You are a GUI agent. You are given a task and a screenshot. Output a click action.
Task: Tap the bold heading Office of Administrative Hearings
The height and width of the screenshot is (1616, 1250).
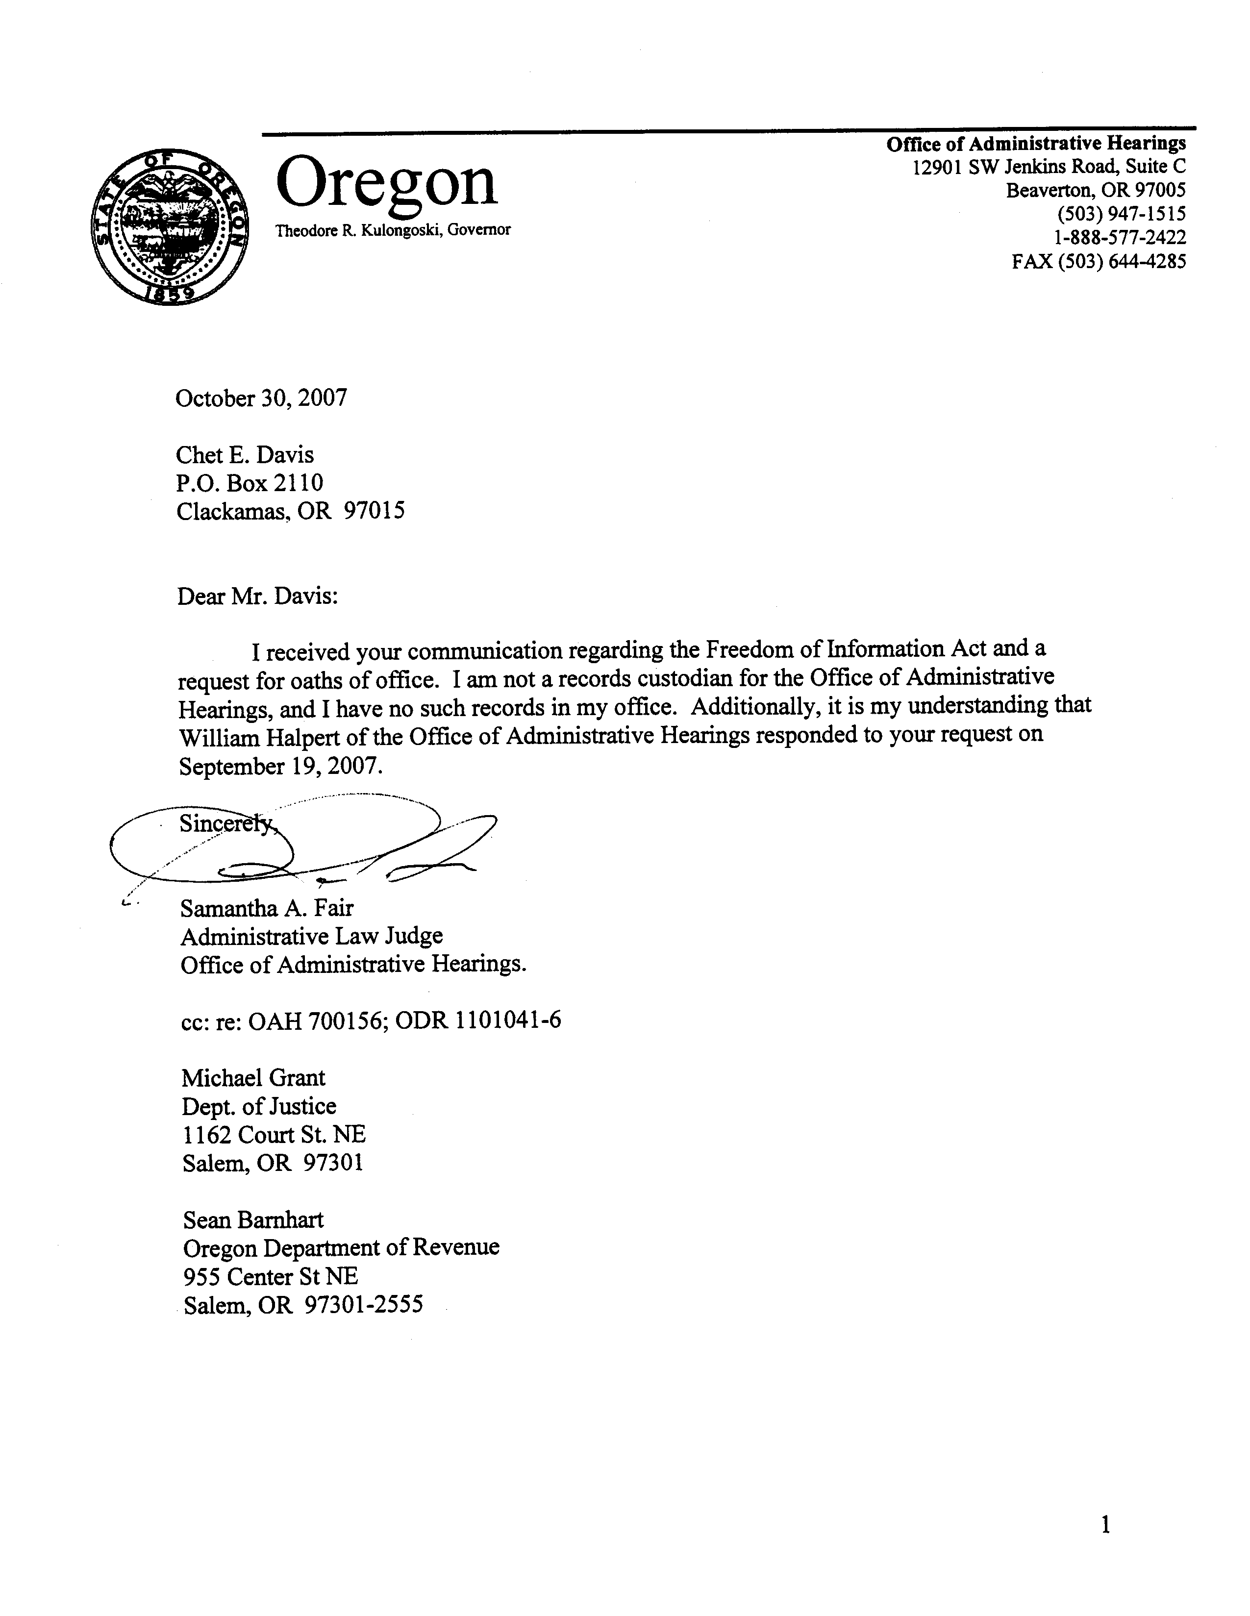tap(1036, 144)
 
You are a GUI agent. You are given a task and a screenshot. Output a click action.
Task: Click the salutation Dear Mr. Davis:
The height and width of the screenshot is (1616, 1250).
tap(257, 597)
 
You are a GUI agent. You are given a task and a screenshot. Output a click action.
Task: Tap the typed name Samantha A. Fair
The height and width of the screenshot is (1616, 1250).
tap(267, 908)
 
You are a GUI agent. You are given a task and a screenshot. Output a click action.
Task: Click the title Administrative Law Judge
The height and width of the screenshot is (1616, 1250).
tap(312, 937)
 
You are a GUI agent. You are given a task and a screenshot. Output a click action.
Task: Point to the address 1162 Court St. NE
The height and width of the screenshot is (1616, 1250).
tap(274, 1135)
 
